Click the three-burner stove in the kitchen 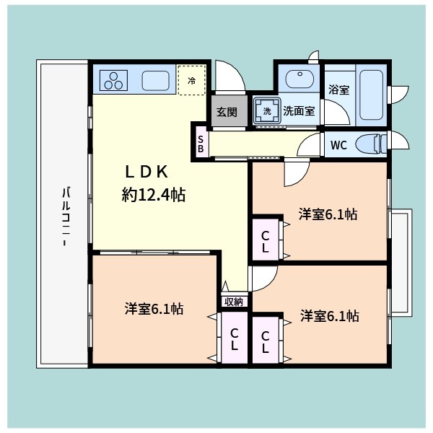pyautogui.click(x=114, y=80)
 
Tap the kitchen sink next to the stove pyautogui.click(x=156, y=80)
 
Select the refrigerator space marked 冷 pyautogui.click(x=192, y=81)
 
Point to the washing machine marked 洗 pyautogui.click(x=266, y=111)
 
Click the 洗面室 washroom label pyautogui.click(x=297, y=111)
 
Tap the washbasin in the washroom pyautogui.click(x=297, y=79)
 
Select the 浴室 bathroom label pyautogui.click(x=338, y=90)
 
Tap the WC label pyautogui.click(x=338, y=145)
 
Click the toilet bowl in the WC pyautogui.click(x=371, y=144)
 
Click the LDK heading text pyautogui.click(x=146, y=171)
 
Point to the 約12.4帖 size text pyautogui.click(x=153, y=194)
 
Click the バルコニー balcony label pyautogui.click(x=65, y=217)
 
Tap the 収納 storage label pyautogui.click(x=233, y=302)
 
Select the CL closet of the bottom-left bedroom pyautogui.click(x=234, y=338)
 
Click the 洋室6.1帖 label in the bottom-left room pyautogui.click(x=154, y=309)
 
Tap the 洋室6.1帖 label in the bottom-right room pyautogui.click(x=330, y=316)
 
